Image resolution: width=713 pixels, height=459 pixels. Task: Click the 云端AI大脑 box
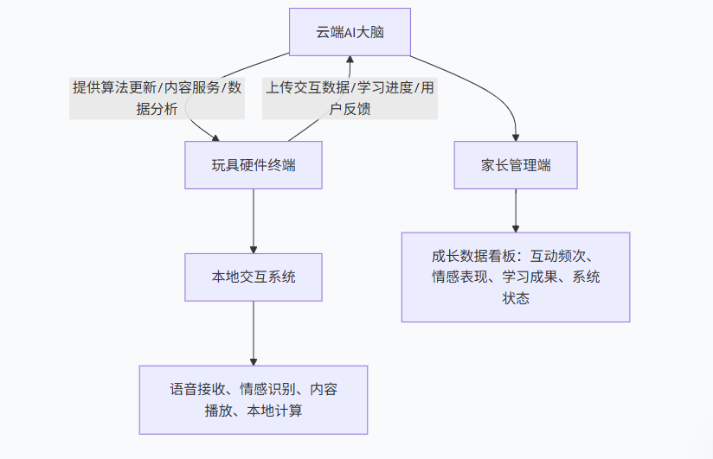pos(350,32)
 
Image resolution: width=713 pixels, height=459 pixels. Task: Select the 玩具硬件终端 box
pos(254,165)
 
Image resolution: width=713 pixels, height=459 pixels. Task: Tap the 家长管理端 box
pos(516,165)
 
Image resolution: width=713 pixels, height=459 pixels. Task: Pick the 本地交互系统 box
pos(254,277)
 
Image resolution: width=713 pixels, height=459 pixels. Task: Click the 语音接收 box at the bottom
pos(254,400)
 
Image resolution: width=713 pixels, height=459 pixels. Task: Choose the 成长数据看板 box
pos(516,277)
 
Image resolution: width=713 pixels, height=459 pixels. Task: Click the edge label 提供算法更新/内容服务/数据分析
pos(157,98)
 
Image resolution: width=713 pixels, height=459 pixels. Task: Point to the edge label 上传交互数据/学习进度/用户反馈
pos(350,98)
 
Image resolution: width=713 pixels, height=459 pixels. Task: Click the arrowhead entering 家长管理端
pos(516,136)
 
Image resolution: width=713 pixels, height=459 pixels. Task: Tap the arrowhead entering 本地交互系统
pos(254,247)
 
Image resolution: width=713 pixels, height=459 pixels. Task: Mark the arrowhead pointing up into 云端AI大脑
pos(350,61)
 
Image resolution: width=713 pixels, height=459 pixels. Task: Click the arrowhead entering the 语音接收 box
pos(254,360)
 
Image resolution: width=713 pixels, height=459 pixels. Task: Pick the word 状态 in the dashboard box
pos(516,299)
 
